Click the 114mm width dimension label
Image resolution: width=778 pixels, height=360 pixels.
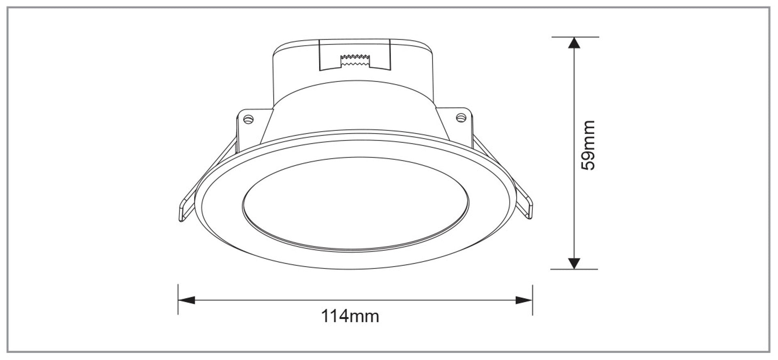pos(350,316)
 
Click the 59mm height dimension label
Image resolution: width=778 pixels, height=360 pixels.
pos(588,145)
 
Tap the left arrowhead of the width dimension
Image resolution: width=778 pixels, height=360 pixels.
pos(186,300)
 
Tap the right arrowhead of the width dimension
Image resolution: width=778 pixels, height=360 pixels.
pos(524,300)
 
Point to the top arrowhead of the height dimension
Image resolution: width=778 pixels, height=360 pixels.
pos(574,43)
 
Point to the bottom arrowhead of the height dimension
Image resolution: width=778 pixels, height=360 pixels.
pos(574,263)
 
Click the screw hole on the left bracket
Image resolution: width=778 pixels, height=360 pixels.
pos(248,119)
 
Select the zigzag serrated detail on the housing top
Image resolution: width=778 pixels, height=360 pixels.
pos(355,60)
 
